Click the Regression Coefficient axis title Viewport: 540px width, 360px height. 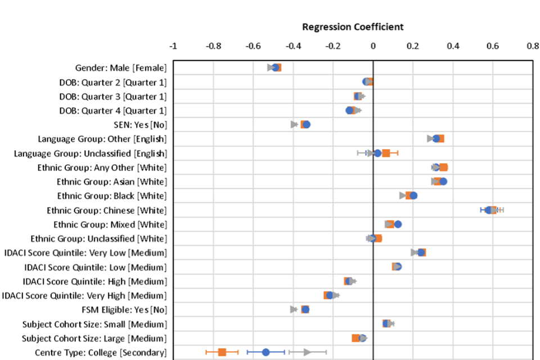point(353,27)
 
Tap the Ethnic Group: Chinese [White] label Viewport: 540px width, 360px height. point(107,210)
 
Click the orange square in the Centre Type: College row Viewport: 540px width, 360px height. point(222,352)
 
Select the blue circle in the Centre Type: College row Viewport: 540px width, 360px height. point(266,352)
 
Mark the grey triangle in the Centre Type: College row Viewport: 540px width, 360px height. point(307,352)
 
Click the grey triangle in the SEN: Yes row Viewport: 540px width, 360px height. point(294,124)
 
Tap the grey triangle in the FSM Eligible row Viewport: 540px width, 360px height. point(294,309)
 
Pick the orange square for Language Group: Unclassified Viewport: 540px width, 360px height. point(386,153)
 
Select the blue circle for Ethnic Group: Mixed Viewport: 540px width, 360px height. point(398,224)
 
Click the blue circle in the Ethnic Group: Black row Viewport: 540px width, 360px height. point(413,196)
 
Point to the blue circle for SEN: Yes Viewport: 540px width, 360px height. point(307,125)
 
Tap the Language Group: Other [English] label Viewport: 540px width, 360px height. point(102,139)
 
